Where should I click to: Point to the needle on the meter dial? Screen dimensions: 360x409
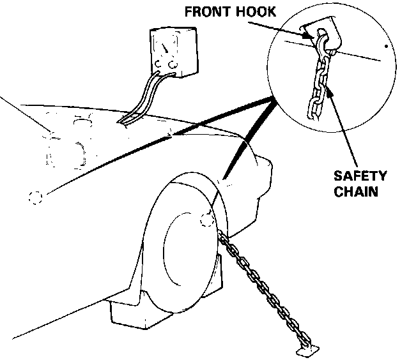click(x=167, y=47)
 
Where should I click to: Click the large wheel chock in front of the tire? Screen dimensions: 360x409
click(x=146, y=313)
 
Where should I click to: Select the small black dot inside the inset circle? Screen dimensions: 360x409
click(x=385, y=47)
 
